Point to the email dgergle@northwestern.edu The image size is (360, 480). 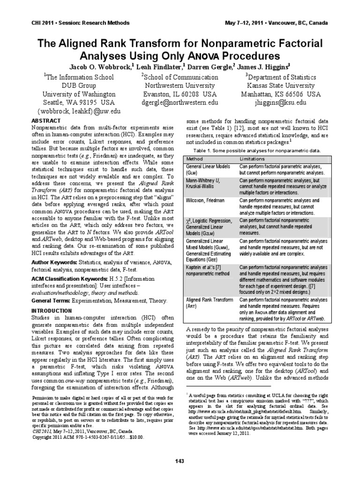(180, 102)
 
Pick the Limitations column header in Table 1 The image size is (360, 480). (253, 159)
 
